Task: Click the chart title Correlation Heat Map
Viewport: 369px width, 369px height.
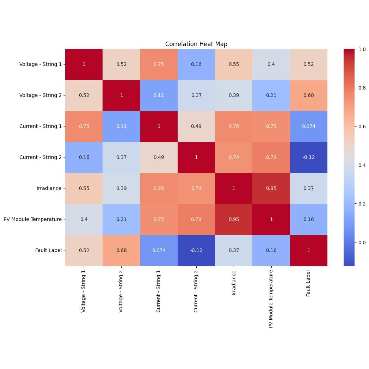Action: click(196, 44)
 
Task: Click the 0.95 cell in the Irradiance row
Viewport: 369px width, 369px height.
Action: click(271, 188)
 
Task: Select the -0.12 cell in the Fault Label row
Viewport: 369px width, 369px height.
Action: click(196, 250)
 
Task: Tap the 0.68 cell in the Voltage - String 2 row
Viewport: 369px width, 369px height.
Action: click(308, 95)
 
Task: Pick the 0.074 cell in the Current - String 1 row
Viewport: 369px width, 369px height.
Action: click(308, 126)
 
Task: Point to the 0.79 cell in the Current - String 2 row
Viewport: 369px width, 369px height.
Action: click(271, 157)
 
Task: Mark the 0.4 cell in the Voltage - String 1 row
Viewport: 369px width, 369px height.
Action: click(271, 64)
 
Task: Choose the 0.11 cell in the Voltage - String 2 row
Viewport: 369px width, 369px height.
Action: click(159, 95)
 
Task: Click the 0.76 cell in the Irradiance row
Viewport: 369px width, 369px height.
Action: click(159, 188)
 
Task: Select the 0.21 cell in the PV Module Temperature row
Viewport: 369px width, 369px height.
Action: click(122, 219)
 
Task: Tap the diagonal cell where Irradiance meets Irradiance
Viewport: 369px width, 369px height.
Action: click(234, 188)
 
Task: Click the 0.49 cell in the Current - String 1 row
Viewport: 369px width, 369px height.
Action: click(196, 126)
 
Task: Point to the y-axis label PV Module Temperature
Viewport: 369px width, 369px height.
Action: click(32, 219)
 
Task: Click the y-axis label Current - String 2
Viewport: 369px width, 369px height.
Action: click(41, 157)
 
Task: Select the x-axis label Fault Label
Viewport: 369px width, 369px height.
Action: click(308, 283)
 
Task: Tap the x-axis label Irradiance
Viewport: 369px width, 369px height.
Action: click(234, 283)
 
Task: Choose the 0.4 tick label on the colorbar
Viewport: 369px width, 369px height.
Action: click(362, 165)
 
